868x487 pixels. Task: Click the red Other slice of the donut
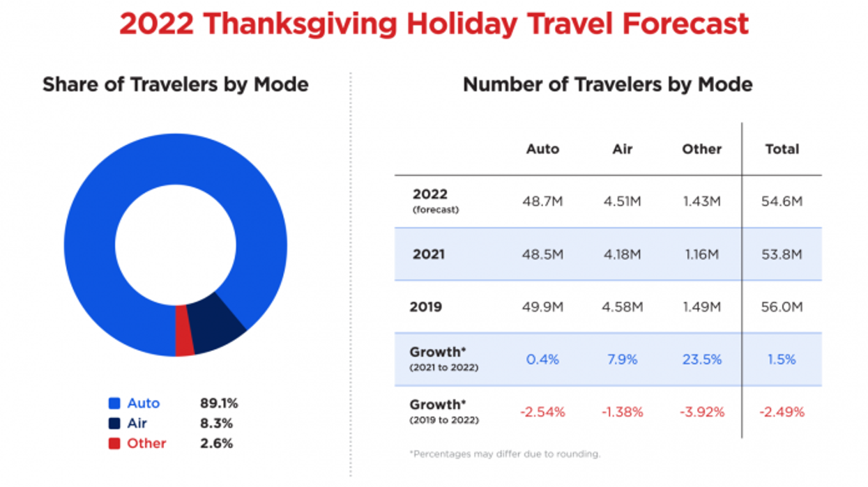(184, 331)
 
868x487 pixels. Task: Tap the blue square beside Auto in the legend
(114, 403)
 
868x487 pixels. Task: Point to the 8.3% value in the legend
(216, 423)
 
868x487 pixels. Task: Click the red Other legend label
(146, 443)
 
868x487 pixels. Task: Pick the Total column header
(782, 149)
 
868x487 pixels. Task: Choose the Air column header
(622, 149)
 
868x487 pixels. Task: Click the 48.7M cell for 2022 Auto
(542, 201)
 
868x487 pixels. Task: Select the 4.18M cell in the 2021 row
(622, 254)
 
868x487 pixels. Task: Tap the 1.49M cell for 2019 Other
(701, 307)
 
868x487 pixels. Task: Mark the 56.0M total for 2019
(782, 307)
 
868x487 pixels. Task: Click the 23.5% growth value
(701, 360)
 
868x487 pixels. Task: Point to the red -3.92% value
(701, 412)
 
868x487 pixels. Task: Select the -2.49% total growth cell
(782, 412)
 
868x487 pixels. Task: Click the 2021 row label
(428, 254)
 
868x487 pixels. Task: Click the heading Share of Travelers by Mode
(175, 85)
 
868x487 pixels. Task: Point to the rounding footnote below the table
(504, 454)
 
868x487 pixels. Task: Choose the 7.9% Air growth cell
(622, 360)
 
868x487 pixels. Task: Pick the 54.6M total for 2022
(782, 201)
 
